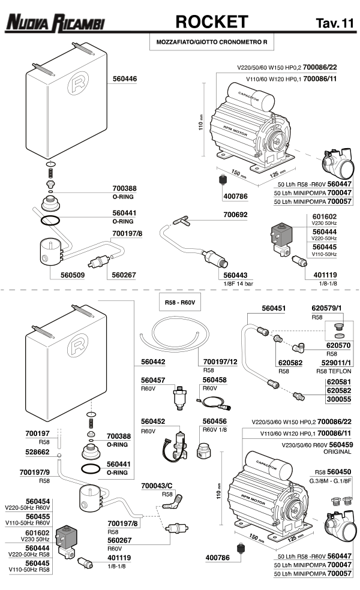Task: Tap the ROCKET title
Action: click(211, 22)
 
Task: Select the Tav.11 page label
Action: click(334, 23)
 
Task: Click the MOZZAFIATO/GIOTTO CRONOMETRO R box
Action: click(211, 43)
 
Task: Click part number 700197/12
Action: click(221, 362)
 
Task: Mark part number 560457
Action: click(153, 381)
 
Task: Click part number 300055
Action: click(338, 399)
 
